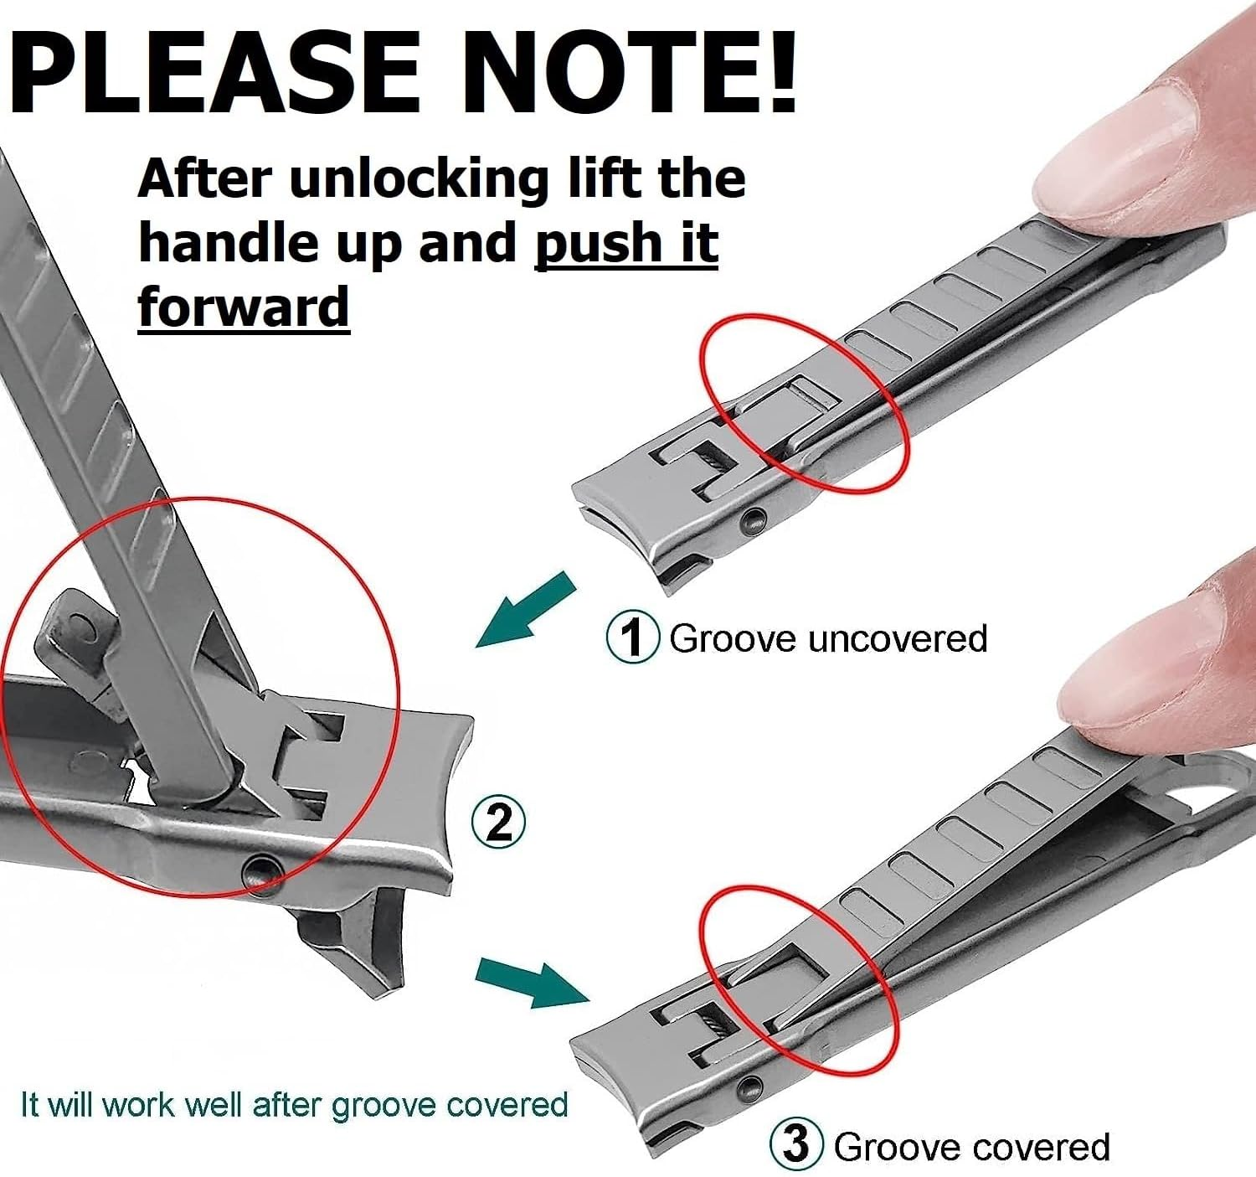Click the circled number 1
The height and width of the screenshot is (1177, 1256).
coord(633,638)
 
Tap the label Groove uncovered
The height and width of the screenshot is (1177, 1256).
coord(828,638)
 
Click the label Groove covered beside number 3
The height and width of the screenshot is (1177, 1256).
coord(971,1146)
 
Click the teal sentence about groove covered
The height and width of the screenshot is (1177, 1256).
coord(294,1105)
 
